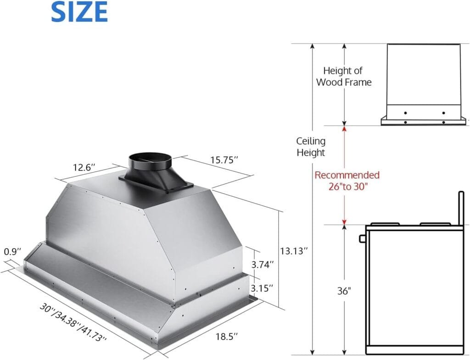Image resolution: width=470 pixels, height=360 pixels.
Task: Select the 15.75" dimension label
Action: point(224,160)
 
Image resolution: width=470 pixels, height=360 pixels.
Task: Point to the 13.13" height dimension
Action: point(294,251)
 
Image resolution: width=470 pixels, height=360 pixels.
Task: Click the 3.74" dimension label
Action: point(263,264)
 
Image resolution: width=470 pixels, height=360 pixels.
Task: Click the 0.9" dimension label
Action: point(12,252)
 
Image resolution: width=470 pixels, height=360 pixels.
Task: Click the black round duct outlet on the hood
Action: point(150,162)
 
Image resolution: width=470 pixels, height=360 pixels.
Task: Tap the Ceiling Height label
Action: point(311,147)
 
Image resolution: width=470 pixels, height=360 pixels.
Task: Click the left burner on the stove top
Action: point(385,224)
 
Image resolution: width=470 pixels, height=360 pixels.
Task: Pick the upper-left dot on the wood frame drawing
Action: point(405,113)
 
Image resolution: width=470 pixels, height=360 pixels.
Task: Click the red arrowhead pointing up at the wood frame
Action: point(344,129)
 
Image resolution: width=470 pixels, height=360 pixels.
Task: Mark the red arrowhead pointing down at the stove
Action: point(344,222)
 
